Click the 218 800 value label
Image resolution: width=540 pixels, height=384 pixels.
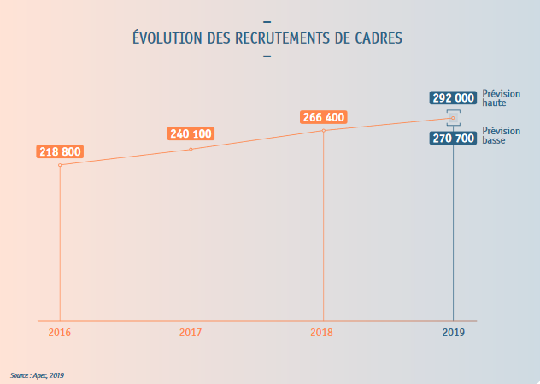60,152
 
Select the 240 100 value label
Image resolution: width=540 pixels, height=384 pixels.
191,133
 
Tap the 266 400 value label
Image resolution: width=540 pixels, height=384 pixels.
324,117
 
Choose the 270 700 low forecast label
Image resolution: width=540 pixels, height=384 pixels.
453,136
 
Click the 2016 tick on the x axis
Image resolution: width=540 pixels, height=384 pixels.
60,332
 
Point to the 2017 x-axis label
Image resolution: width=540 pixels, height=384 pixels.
191,332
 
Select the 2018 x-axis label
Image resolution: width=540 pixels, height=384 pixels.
322,332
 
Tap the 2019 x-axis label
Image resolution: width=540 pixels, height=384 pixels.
454,332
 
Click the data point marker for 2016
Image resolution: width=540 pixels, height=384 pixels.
60,165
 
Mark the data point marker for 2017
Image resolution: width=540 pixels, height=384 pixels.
191,150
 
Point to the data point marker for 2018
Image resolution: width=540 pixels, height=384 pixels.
323,131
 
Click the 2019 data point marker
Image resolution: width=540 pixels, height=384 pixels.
454,118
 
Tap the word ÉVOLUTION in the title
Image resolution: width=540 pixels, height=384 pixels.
168,38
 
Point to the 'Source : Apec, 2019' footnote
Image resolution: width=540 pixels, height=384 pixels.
38,375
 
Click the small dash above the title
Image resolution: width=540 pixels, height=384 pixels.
268,21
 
